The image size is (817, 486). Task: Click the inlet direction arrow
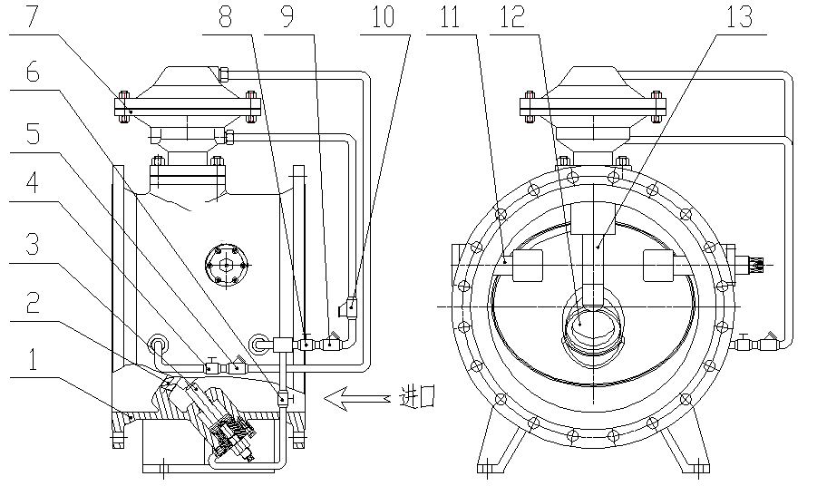coord(359,396)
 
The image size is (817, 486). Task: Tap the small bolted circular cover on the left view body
coord(222,266)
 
